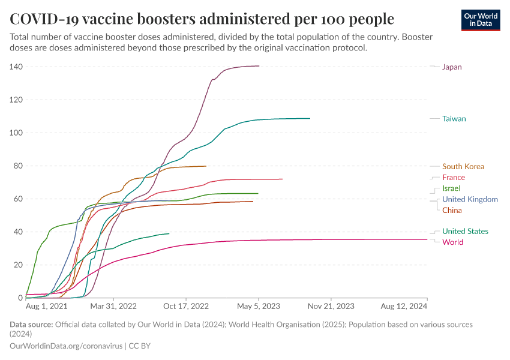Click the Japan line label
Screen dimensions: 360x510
(x=452, y=67)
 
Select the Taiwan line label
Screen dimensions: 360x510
(x=454, y=119)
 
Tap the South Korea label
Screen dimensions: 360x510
(x=463, y=167)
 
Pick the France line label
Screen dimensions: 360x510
(x=453, y=178)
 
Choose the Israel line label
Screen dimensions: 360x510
(x=451, y=188)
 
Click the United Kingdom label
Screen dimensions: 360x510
(x=469, y=199)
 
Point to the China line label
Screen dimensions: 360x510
(x=452, y=210)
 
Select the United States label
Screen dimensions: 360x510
(x=465, y=232)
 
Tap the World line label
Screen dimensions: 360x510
(x=452, y=242)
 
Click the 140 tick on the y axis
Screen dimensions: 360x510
(x=16, y=67)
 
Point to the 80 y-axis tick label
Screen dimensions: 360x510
(x=17, y=166)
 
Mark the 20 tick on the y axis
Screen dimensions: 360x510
(x=17, y=265)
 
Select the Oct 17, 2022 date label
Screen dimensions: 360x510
(x=187, y=306)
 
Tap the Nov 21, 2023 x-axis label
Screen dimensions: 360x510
(x=331, y=306)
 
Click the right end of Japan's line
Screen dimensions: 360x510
(x=259, y=66)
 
